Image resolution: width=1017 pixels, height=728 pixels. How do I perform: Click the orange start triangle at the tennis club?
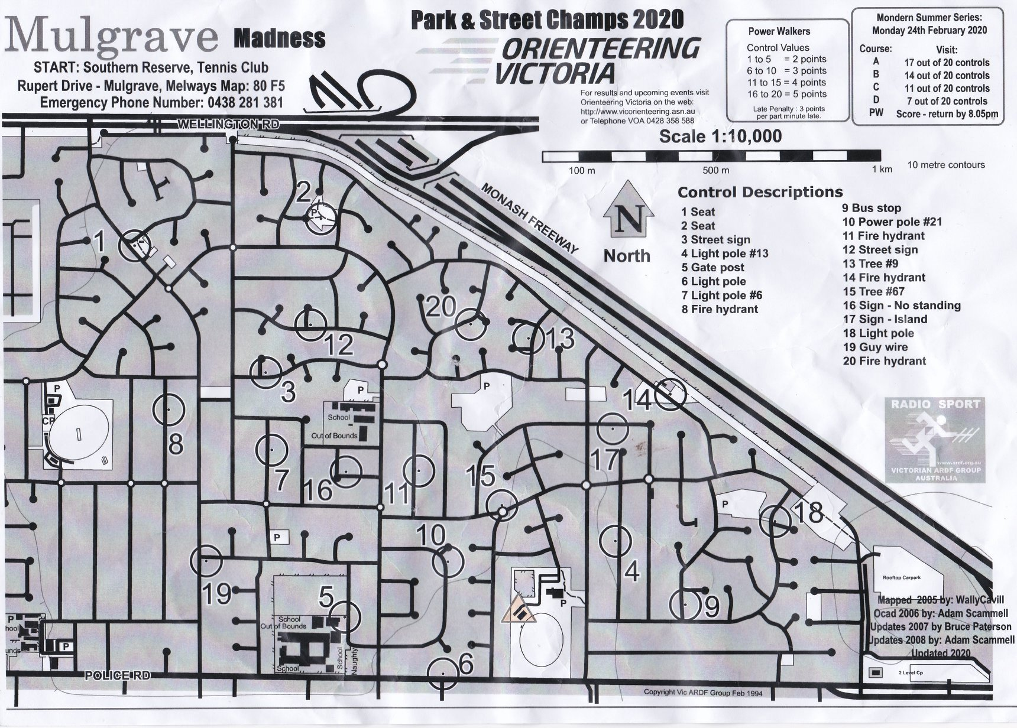[x=519, y=611]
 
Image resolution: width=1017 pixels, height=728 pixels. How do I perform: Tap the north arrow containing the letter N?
[x=628, y=219]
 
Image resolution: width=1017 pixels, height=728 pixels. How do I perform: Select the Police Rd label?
[x=117, y=675]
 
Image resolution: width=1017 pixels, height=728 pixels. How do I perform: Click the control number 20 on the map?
[x=441, y=306]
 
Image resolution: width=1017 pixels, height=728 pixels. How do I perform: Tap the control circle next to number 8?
[x=169, y=409]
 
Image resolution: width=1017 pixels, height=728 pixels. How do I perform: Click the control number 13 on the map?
[x=559, y=339]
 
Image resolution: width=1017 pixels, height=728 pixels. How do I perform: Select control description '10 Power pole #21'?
[x=892, y=222]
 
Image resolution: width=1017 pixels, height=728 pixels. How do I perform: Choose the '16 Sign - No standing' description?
[x=901, y=305]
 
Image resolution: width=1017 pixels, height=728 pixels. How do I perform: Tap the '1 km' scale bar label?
[x=881, y=170]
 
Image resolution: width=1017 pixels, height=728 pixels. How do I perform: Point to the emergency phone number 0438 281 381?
[x=245, y=102]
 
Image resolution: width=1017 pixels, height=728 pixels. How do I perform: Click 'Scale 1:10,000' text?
[x=720, y=136]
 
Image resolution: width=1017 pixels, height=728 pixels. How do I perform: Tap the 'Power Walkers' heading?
[x=779, y=31]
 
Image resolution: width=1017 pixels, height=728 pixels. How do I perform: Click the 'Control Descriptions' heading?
[x=760, y=192]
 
